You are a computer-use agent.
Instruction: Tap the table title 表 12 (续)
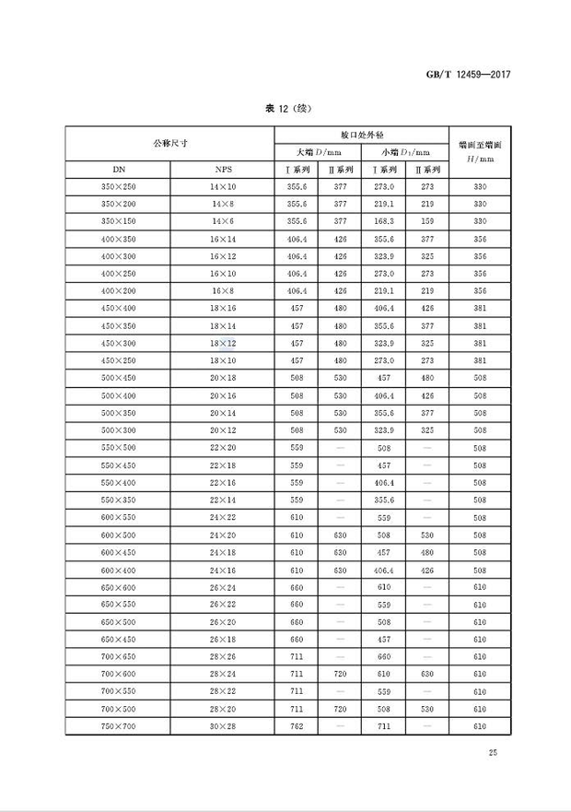click(285, 109)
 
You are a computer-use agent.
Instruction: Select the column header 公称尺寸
click(170, 143)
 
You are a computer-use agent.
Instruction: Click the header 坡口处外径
click(361, 135)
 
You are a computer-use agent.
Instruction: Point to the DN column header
click(118, 170)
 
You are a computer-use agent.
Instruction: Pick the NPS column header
click(223, 170)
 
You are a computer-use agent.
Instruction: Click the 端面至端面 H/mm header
click(479, 151)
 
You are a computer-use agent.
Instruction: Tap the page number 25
click(493, 754)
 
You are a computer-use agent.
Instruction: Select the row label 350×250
click(118, 187)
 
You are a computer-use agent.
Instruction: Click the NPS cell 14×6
click(223, 221)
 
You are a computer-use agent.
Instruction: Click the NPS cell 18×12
click(223, 343)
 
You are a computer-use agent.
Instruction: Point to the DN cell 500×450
click(118, 378)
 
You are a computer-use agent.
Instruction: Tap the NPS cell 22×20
click(223, 447)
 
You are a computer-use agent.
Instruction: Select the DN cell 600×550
click(118, 517)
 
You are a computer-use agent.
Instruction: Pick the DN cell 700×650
click(118, 656)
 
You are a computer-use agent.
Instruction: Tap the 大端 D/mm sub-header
click(319, 152)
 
